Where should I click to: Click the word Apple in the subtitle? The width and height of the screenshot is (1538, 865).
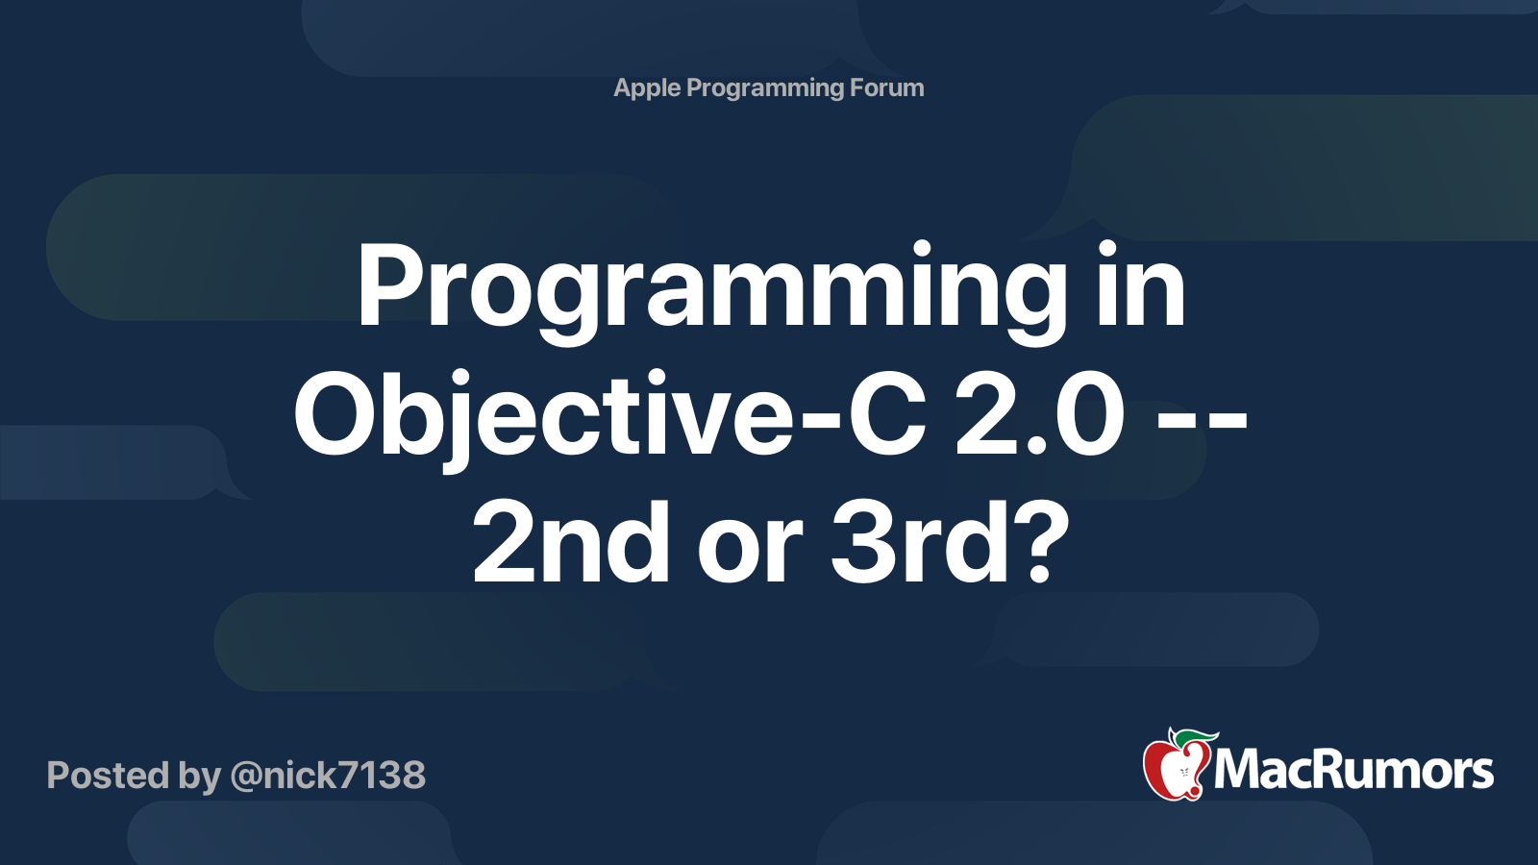(647, 87)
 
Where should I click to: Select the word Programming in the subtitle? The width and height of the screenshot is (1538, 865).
(765, 88)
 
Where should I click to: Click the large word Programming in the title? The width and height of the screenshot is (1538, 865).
(710, 288)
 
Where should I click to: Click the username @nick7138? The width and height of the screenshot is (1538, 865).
(328, 776)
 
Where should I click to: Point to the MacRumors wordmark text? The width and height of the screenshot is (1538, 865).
(1353, 770)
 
